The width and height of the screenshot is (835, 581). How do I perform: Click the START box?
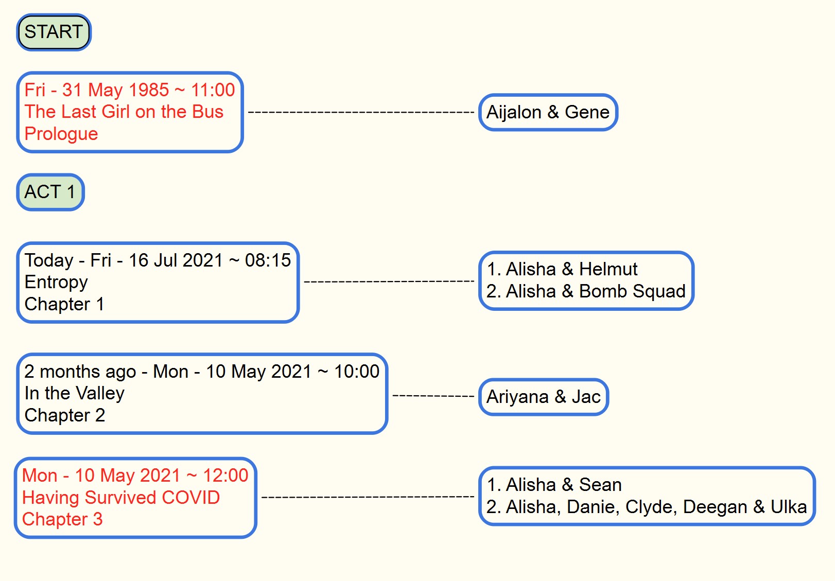pos(54,32)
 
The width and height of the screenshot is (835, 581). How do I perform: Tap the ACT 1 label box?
pos(50,192)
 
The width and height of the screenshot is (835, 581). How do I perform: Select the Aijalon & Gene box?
pos(548,112)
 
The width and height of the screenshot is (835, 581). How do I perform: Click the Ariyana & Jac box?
pos(544,397)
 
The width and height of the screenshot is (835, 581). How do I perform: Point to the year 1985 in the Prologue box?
pos(148,90)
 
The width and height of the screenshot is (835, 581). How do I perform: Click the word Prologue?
pos(61,134)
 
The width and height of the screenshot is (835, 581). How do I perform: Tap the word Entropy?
pos(56,282)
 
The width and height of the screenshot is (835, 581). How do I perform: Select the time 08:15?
pos(268,260)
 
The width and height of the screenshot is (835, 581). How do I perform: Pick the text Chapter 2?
pos(65,415)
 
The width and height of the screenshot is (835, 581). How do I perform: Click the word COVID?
pos(190,498)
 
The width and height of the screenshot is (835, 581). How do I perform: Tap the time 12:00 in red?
pos(225,476)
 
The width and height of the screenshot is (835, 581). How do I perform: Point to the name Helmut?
pos(608,269)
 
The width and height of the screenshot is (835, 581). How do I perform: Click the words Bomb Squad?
pos(632,291)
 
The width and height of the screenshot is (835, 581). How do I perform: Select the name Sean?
pos(600,485)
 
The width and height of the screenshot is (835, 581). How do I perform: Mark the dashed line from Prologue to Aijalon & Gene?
pos(361,112)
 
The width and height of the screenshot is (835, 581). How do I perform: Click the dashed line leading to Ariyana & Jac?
pos(433,396)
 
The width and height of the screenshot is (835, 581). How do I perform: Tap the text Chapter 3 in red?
pos(62,519)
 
